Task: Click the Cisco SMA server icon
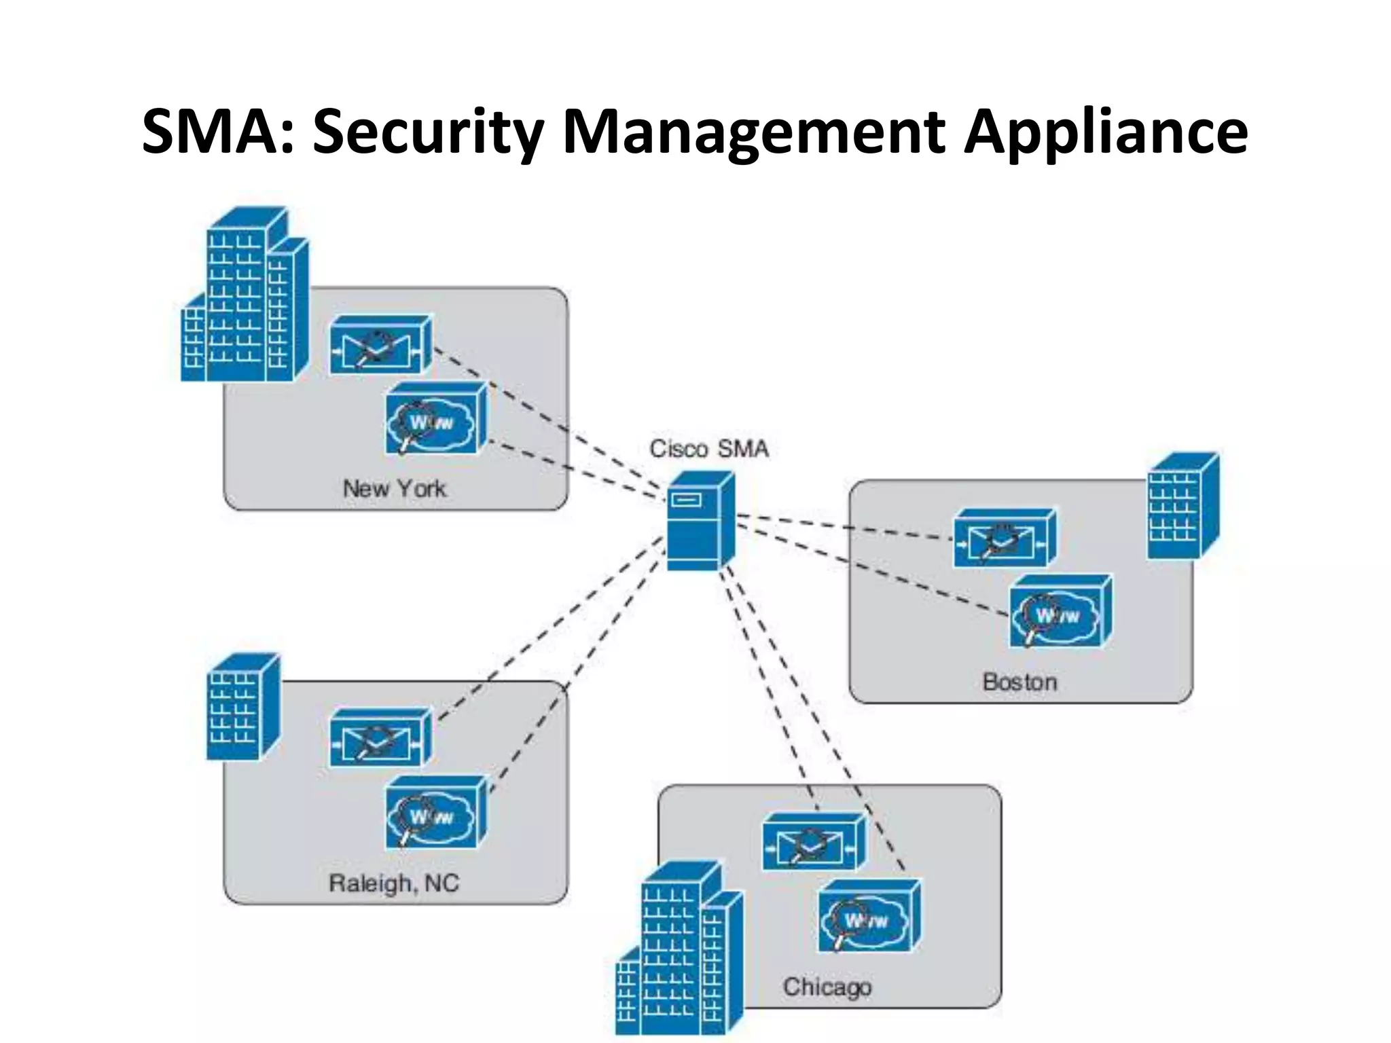[x=700, y=521]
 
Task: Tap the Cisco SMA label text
[x=709, y=449]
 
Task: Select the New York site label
[x=395, y=488]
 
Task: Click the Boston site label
[x=1019, y=682]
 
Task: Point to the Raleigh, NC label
[x=394, y=883]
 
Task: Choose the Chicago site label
[x=827, y=987]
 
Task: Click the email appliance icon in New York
[x=380, y=345]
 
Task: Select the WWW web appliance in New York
[x=435, y=419]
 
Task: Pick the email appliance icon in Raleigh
[x=380, y=739]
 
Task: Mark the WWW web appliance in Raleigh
[x=435, y=813]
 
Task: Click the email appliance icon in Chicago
[x=813, y=843]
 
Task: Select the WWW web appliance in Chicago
[x=869, y=917]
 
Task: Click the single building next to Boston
[x=1182, y=507]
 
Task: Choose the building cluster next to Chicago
[x=680, y=951]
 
